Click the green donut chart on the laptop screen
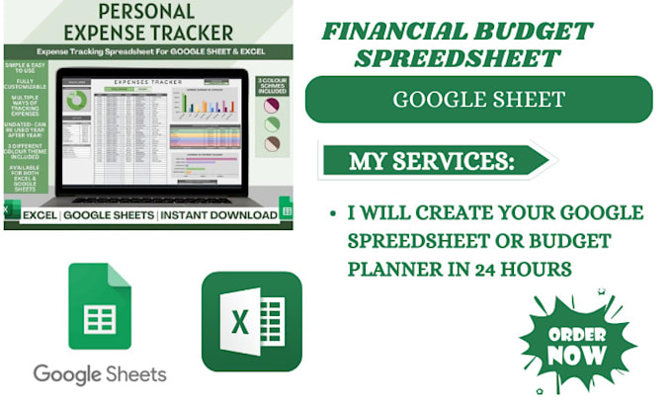pos(76,101)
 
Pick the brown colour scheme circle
pos(271,144)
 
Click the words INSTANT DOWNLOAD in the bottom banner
pos(218,215)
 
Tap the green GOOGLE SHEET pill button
pos(478,99)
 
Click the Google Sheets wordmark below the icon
pos(100,374)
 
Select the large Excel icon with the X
pos(251,320)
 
